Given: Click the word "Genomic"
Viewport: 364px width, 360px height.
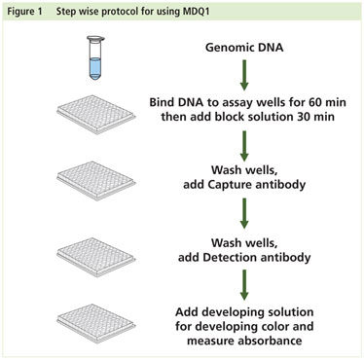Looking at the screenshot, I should tap(226, 46).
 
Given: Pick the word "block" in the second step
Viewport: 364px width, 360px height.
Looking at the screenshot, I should tap(235, 118).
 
